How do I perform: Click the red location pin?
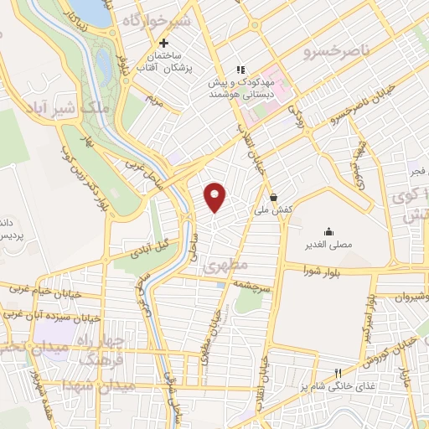(x=215, y=197)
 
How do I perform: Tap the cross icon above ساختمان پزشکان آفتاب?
(x=163, y=43)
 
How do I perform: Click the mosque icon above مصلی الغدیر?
(x=327, y=232)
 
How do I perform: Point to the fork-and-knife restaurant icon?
(x=339, y=373)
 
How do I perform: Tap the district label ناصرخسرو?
(x=337, y=52)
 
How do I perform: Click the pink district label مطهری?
(x=233, y=264)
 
